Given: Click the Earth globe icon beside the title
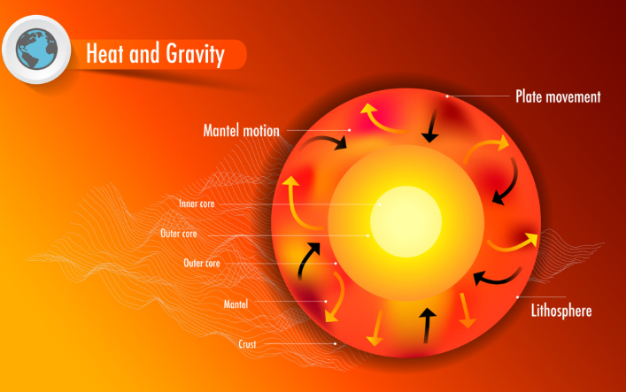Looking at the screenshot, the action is point(36,49).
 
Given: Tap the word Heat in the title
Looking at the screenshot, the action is point(104,53).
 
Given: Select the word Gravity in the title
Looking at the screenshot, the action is point(195,54).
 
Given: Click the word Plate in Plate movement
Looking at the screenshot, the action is point(529,96).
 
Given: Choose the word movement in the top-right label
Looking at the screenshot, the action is point(573,97).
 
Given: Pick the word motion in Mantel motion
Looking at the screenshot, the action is point(261,131).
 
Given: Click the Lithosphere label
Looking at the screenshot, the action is point(561,311).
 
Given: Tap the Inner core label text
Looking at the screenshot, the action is point(197,204).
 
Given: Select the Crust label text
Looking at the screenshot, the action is point(247,344).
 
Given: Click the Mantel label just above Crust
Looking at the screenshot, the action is point(236,304).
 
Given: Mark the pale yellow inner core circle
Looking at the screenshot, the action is point(406,221).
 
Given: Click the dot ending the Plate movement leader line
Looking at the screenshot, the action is point(447,96).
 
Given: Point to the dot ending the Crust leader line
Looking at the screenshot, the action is point(335,343).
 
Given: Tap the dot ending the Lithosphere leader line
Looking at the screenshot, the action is point(517,297).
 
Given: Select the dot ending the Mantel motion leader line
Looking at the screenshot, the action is point(350,130).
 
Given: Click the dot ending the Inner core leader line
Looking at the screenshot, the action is point(380,204).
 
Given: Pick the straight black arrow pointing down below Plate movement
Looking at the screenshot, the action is point(431,126).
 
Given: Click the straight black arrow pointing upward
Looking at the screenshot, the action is point(427,326).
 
